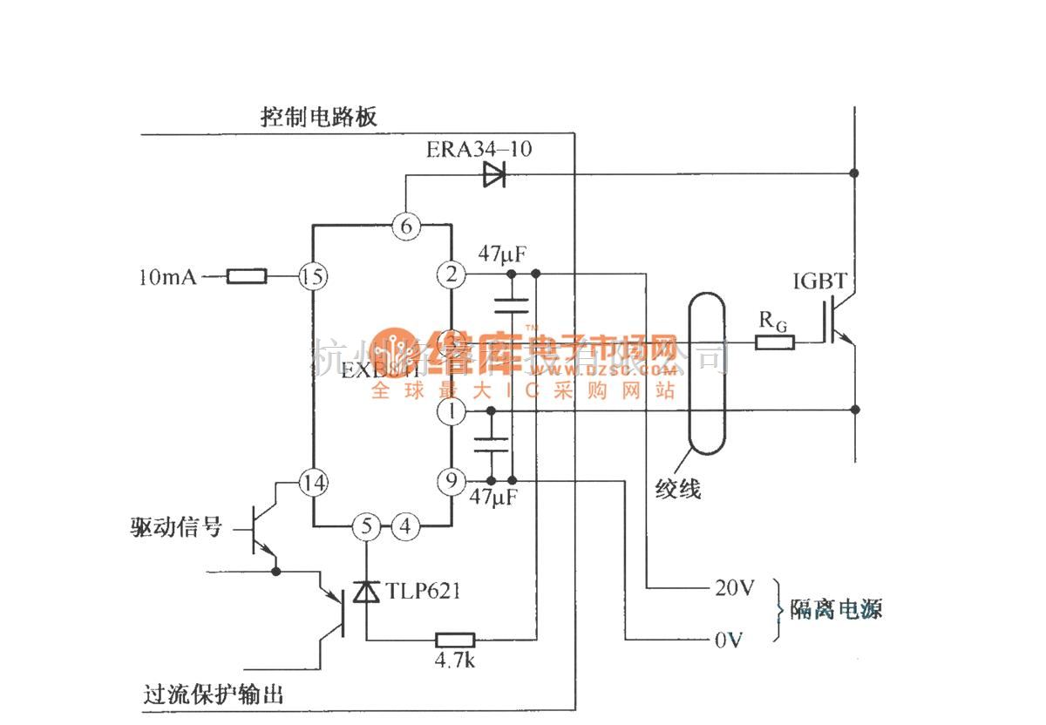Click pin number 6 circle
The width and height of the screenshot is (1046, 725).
[406, 225]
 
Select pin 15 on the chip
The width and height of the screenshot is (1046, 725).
[312, 277]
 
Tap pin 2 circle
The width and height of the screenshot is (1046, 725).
[451, 275]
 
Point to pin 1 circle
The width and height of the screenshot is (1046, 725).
[452, 411]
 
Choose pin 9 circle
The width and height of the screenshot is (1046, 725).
[452, 480]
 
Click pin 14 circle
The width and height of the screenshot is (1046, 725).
[312, 481]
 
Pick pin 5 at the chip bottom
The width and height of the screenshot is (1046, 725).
[366, 526]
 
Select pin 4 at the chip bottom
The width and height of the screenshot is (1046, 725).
[404, 526]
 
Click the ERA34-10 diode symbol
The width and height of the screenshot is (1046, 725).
[493, 175]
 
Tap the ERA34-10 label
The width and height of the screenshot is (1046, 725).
[479, 149]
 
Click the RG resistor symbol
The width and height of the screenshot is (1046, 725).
[775, 342]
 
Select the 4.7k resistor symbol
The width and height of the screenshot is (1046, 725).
[454, 640]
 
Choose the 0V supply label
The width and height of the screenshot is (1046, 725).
[728, 641]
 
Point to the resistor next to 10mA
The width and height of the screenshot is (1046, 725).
[248, 277]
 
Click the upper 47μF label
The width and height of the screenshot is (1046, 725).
[501, 254]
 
